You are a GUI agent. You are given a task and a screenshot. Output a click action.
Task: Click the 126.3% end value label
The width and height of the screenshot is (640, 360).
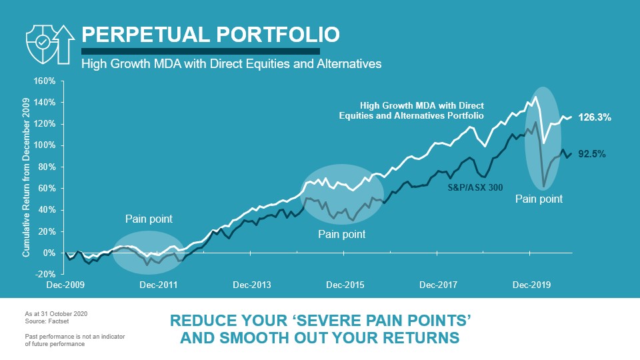point(595,117)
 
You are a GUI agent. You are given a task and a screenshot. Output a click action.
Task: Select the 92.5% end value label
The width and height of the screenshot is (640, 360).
point(591,154)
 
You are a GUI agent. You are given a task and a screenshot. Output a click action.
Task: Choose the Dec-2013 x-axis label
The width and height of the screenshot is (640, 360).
point(251,285)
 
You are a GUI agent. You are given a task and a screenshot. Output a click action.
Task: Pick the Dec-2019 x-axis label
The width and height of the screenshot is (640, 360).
point(531,285)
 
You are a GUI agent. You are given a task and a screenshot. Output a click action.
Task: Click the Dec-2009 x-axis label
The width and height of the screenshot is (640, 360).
point(65,285)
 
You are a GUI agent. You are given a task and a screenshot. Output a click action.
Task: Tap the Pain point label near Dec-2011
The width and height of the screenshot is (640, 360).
point(149,218)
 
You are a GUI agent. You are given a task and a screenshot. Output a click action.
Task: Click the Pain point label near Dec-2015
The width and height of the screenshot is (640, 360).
point(342,234)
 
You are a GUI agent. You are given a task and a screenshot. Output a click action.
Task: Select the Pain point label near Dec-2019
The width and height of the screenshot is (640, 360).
point(539,199)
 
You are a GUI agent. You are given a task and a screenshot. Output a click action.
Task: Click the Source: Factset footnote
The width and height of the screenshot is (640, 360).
point(44,321)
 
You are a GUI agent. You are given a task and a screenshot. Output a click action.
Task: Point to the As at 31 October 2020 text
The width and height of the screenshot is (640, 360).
point(55,313)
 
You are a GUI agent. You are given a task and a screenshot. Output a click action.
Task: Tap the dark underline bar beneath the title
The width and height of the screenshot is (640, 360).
point(200,51)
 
